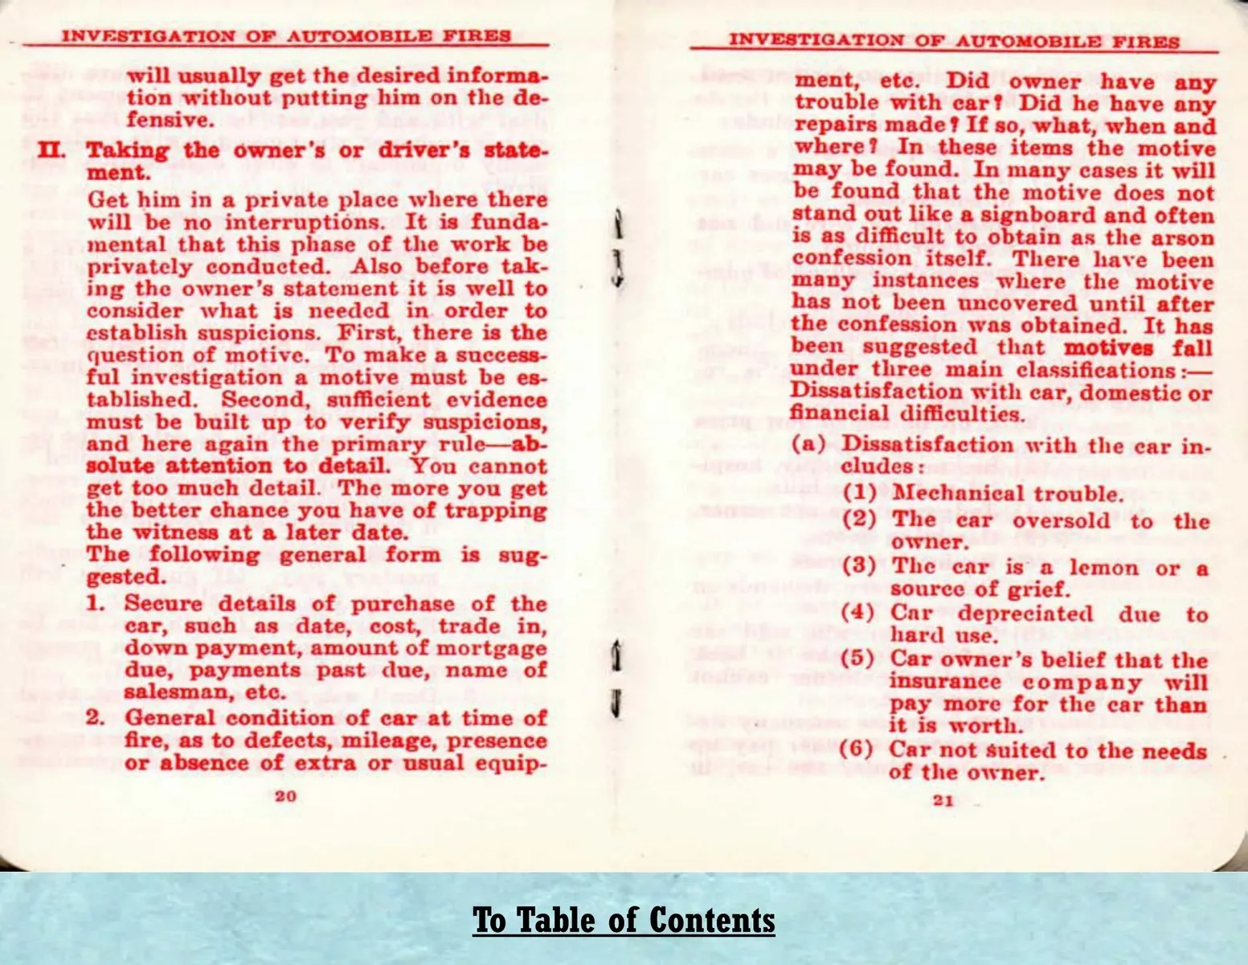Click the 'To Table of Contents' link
(x=624, y=920)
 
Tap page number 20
(x=285, y=796)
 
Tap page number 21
(x=943, y=800)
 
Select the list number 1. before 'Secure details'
(x=95, y=603)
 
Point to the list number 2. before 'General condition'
(x=96, y=717)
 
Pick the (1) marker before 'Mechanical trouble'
(x=859, y=493)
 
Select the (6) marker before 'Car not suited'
(x=856, y=749)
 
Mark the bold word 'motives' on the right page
(x=1109, y=348)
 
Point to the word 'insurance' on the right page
(x=945, y=682)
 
